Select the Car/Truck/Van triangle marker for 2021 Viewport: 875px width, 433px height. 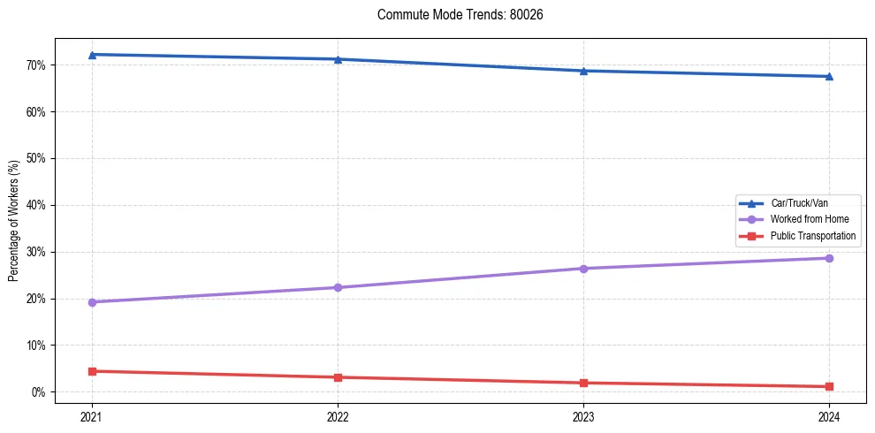click(92, 55)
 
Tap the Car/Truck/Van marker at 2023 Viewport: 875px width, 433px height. click(583, 71)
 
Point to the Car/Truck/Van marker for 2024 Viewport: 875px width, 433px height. click(829, 76)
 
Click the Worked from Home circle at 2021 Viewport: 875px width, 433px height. click(92, 302)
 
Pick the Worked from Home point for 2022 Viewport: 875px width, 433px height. click(338, 287)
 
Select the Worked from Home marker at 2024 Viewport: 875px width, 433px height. click(829, 258)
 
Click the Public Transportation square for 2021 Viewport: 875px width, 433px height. click(92, 371)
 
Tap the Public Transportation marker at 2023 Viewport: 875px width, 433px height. click(583, 383)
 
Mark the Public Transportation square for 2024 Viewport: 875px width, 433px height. click(829, 386)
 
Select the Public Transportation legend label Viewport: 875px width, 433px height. click(812, 236)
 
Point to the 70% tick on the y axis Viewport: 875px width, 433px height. click(36, 65)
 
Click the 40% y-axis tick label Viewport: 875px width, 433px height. click(36, 205)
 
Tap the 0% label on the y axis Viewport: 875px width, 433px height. click(39, 391)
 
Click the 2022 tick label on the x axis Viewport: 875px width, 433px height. click(338, 415)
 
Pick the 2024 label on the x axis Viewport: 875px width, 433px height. click(829, 415)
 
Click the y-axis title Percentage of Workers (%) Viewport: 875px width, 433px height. click(14, 221)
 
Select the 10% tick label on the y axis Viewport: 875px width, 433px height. click(36, 345)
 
